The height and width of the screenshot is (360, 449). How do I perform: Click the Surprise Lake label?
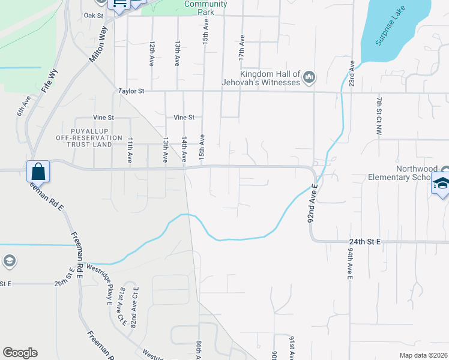coord(390,27)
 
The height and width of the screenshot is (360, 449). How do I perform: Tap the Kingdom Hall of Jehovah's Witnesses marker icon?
coord(309,77)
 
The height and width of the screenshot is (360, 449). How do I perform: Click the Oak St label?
coord(94,16)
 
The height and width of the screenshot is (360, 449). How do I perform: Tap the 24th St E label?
coord(366,242)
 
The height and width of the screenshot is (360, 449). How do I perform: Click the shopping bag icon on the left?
coord(38,172)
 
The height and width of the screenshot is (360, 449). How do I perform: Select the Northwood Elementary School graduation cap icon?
coord(441,185)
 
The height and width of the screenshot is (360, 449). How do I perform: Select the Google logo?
coord(20,353)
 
